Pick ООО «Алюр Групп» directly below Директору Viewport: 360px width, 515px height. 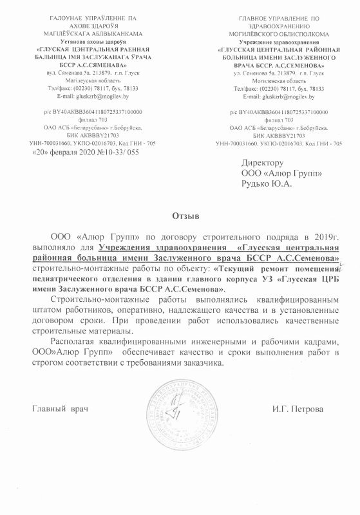276,173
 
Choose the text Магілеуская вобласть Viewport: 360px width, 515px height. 86,82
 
